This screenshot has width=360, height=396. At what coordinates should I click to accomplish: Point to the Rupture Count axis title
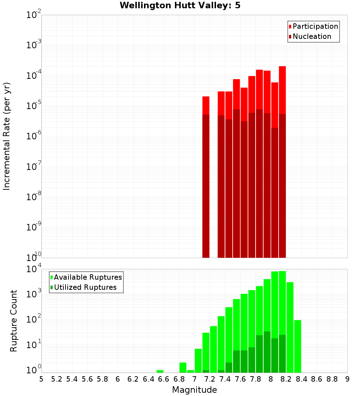14,321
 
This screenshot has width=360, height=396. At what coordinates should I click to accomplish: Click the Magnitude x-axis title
194,390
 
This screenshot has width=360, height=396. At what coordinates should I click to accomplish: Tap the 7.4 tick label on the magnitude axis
225,379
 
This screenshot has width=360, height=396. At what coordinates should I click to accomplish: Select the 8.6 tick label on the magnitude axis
317,379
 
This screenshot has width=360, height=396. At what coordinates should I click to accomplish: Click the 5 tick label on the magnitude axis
41,379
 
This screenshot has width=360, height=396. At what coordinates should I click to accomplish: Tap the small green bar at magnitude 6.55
160,371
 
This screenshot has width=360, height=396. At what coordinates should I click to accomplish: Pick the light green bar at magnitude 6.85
183,368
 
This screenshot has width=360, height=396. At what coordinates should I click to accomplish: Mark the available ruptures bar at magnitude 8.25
290,328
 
